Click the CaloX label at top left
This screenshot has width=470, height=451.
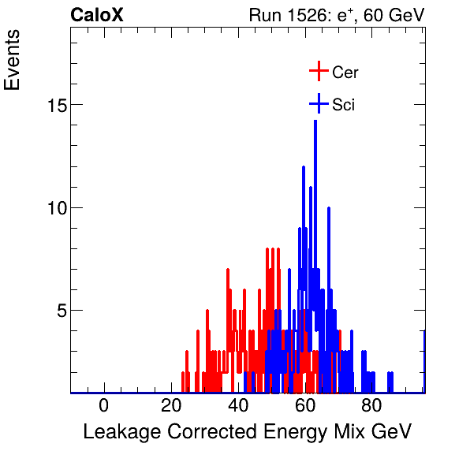click(97, 15)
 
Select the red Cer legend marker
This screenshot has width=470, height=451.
click(318, 72)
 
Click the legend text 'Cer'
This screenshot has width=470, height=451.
click(345, 73)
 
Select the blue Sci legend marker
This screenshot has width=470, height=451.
click(318, 104)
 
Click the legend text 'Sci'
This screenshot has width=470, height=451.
click(344, 105)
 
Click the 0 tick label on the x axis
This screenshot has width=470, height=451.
click(104, 405)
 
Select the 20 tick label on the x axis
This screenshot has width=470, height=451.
click(171, 405)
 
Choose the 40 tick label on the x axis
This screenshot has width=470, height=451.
click(238, 405)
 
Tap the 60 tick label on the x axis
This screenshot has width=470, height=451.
click(305, 405)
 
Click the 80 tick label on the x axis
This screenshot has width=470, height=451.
click(372, 405)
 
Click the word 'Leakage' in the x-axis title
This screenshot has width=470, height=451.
click(122, 432)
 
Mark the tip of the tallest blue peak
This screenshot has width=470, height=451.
click(315, 121)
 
